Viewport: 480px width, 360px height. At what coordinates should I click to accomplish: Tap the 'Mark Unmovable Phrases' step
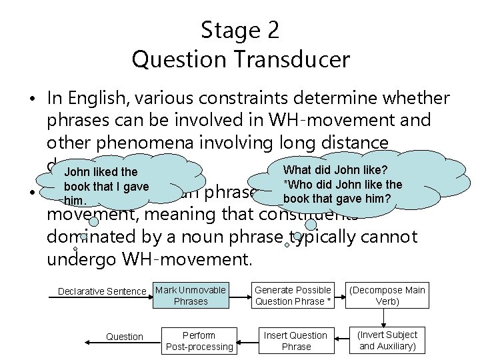click(190, 295)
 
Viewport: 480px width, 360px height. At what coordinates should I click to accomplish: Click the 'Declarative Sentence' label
click(101, 291)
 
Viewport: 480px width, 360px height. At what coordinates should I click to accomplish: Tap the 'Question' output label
click(125, 337)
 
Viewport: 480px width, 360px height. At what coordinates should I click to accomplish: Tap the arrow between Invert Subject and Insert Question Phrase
click(340, 337)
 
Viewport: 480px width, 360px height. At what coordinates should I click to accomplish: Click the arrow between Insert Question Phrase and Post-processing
click(246, 337)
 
